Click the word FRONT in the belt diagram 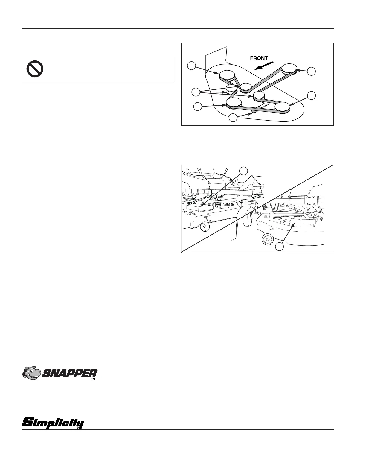click(259, 58)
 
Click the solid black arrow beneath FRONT click(264, 66)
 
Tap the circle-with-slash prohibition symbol click(35, 68)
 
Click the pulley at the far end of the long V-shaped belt click(289, 69)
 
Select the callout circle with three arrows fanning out click(196, 92)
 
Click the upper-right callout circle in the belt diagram click(312, 71)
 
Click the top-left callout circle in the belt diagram click(192, 66)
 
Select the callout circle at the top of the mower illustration click(243, 171)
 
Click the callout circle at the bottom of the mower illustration click(280, 247)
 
